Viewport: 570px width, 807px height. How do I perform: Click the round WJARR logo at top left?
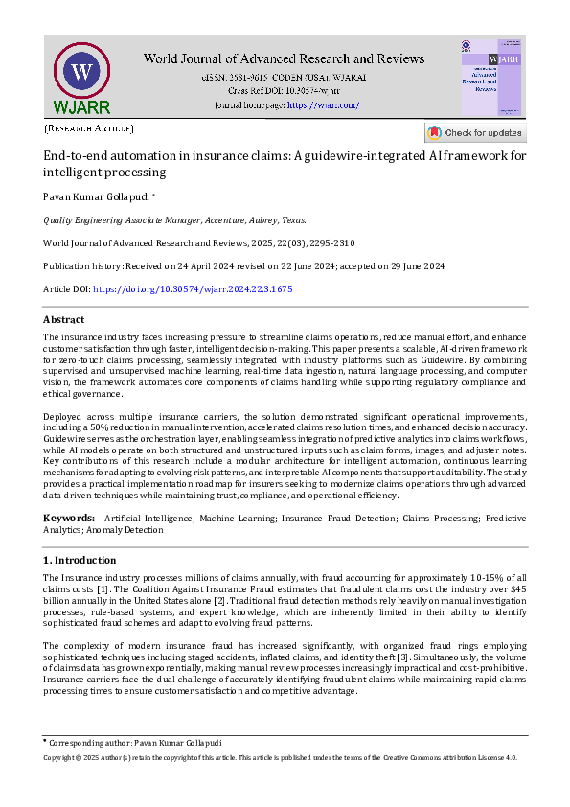82,75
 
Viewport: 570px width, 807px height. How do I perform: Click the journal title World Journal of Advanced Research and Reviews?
286,58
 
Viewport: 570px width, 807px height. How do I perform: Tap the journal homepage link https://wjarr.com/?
323,104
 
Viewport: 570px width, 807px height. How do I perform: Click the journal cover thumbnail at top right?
492,78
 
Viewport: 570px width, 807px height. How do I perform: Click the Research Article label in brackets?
89,128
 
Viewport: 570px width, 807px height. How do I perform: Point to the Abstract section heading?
63,319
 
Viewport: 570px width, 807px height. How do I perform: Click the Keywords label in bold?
68,519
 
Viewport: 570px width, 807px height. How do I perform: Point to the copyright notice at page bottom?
281,757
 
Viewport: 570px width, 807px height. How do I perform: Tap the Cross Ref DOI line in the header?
286,89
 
